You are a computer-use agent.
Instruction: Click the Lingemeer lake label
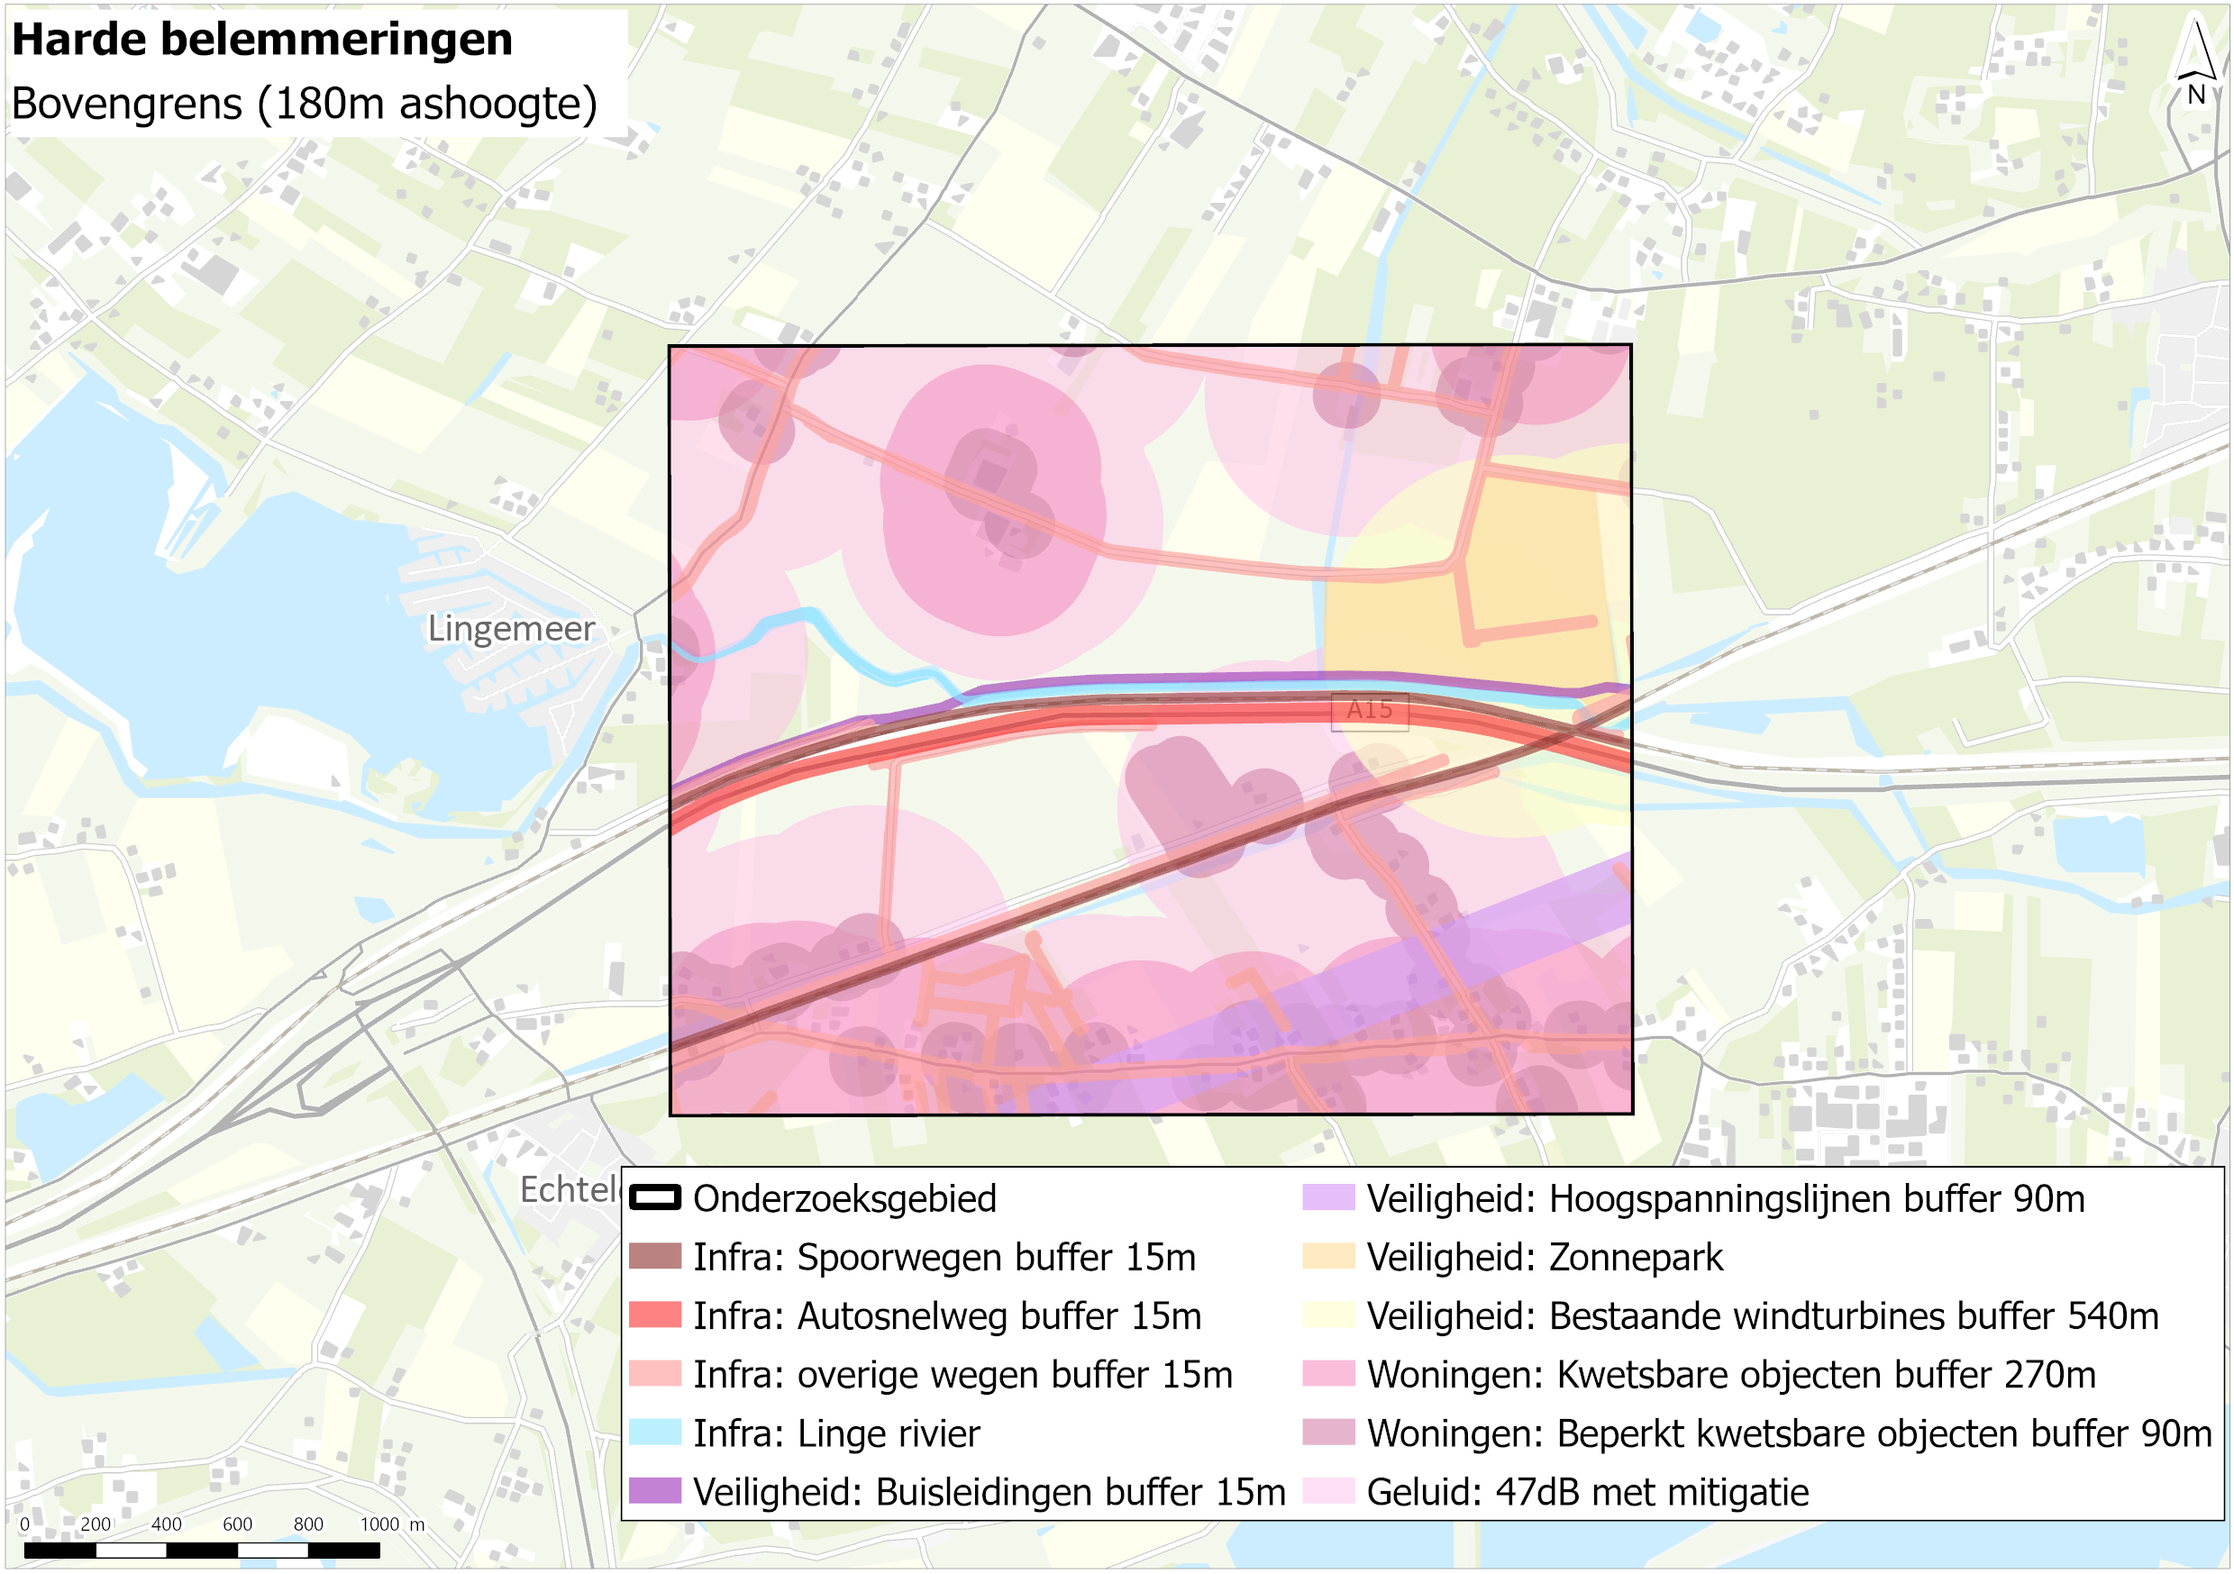[x=511, y=629]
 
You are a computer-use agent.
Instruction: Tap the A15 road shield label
[x=1369, y=710]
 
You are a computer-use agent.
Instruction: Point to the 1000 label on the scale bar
[x=379, y=1524]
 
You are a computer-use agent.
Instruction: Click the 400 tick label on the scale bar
[x=167, y=1524]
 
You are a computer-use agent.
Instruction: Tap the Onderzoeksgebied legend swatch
[x=655, y=1197]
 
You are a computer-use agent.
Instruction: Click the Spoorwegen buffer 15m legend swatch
[x=655, y=1256]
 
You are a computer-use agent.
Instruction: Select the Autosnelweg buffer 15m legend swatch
[x=655, y=1315]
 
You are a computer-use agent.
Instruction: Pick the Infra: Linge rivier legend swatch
[x=655, y=1432]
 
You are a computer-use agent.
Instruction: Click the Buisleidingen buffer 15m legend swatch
[x=655, y=1490]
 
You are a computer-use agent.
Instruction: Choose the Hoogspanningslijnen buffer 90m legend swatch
[x=1328, y=1197]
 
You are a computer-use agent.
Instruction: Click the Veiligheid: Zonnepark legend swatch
[x=1328, y=1256]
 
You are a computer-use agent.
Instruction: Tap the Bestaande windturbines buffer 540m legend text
[x=1762, y=1315]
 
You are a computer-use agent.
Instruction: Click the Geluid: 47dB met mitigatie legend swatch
[x=1328, y=1490]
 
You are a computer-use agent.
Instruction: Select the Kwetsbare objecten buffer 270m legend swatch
[x=1328, y=1374]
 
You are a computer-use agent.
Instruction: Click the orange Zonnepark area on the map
[x=1537, y=584]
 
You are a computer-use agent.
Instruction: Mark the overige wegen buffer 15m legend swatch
[x=655, y=1374]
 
